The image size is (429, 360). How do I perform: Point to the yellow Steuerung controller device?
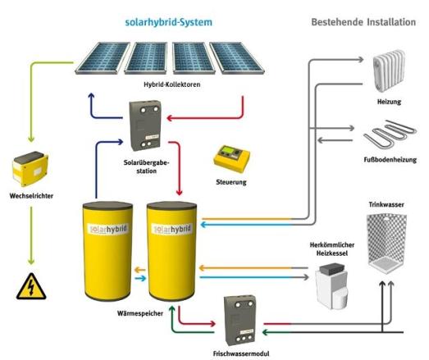coord(229,157)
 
